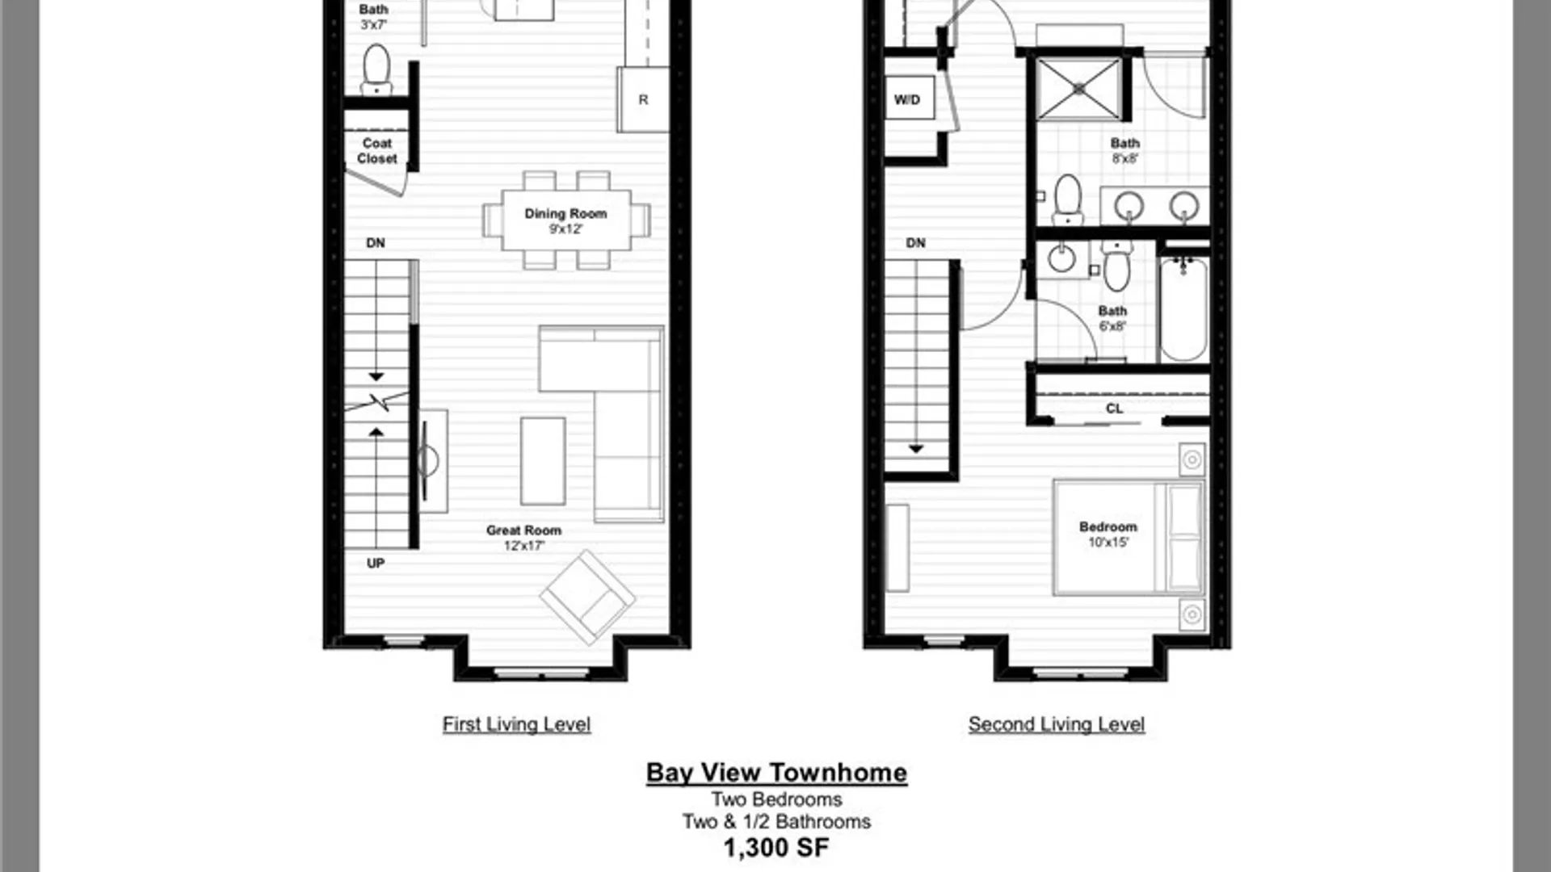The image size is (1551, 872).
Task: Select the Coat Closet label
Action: [377, 151]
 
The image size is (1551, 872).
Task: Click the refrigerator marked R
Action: [643, 100]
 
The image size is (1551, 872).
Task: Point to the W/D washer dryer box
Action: [908, 99]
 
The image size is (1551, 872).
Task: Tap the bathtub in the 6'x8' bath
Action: [1183, 309]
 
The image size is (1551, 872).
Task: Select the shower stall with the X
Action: [1079, 88]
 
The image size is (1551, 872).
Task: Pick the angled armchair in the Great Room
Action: [587, 597]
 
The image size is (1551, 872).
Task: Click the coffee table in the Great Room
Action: [543, 460]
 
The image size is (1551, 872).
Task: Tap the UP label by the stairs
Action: [376, 564]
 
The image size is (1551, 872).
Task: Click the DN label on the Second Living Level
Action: [915, 243]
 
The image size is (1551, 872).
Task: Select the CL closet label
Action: [1114, 409]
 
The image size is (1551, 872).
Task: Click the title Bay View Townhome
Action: [776, 773]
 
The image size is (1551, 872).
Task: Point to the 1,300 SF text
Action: [775, 848]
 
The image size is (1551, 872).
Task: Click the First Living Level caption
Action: [516, 724]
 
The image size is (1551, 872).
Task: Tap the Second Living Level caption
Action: [1056, 724]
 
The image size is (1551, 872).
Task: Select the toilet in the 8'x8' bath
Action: [1068, 199]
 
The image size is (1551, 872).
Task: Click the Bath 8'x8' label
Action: [1124, 150]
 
